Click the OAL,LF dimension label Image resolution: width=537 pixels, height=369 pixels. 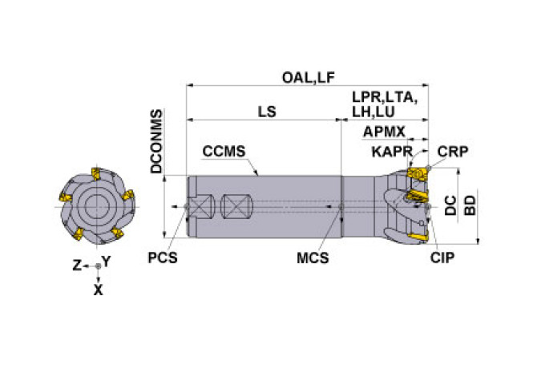pos(308,77)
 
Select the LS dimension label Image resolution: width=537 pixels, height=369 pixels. pos(266,112)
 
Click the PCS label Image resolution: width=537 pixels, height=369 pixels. pos(163,258)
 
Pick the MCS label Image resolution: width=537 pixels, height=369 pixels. pos(313,258)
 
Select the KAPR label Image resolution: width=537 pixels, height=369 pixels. pos(392,152)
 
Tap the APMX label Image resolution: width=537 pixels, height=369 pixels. pos(385,132)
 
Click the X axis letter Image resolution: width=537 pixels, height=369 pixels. pos(99,291)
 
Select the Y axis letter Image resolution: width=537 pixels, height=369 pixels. pos(107,262)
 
